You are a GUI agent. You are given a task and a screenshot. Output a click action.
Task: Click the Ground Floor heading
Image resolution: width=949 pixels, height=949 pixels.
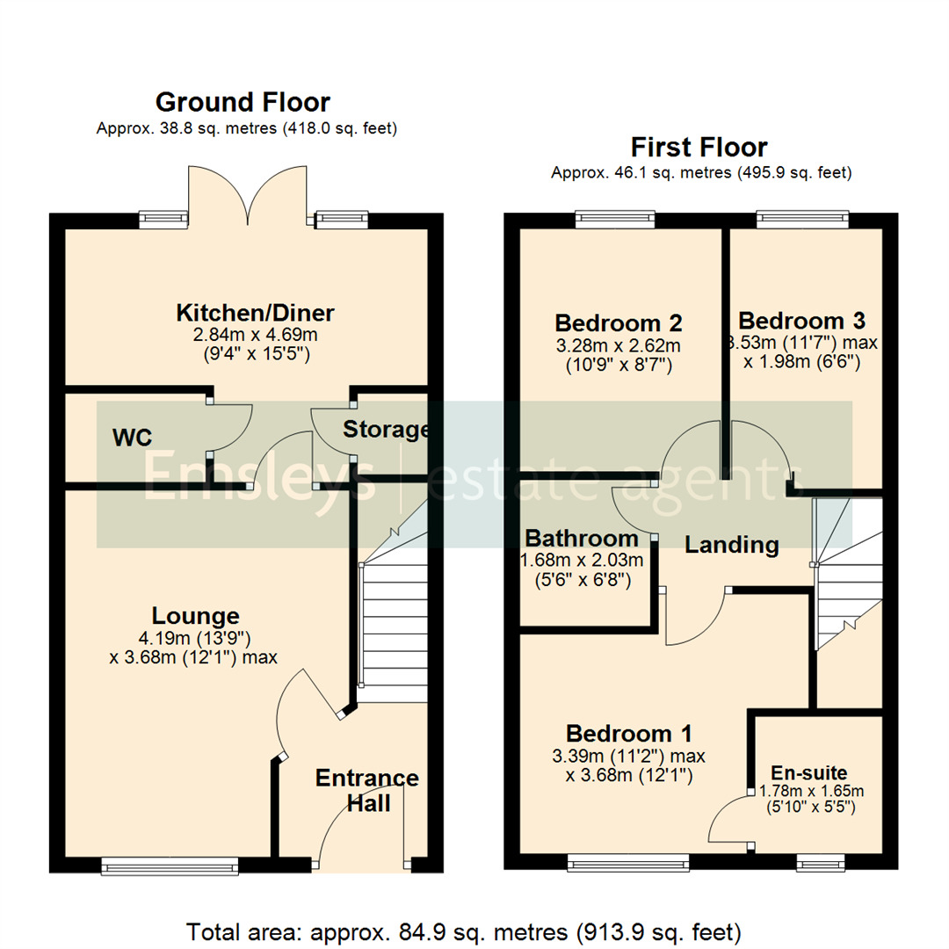pos(243,102)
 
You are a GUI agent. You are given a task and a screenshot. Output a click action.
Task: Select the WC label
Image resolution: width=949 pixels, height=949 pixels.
pos(133,437)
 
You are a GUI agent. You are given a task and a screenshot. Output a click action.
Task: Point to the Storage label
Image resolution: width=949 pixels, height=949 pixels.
pos(386,430)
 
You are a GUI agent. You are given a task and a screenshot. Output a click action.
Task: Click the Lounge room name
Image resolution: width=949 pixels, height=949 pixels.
pos(195,616)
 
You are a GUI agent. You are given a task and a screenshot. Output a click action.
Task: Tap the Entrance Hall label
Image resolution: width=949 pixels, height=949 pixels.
pos(366,790)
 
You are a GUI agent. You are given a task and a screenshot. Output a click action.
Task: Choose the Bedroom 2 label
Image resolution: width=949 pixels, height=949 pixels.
pos(619,322)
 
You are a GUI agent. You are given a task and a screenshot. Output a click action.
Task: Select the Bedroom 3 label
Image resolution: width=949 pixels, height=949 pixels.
pos(801,319)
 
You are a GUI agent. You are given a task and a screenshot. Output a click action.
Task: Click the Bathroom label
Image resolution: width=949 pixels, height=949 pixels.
pos(581,539)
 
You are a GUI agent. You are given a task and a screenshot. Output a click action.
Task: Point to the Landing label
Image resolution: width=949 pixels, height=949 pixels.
pos(731,545)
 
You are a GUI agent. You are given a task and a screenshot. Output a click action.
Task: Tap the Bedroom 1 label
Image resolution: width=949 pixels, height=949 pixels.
pos(629,733)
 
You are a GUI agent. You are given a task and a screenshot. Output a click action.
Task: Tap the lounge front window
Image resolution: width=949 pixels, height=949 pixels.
pos(170,866)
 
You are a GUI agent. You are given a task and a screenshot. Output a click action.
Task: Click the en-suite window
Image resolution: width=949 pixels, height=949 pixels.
pos(821,865)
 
